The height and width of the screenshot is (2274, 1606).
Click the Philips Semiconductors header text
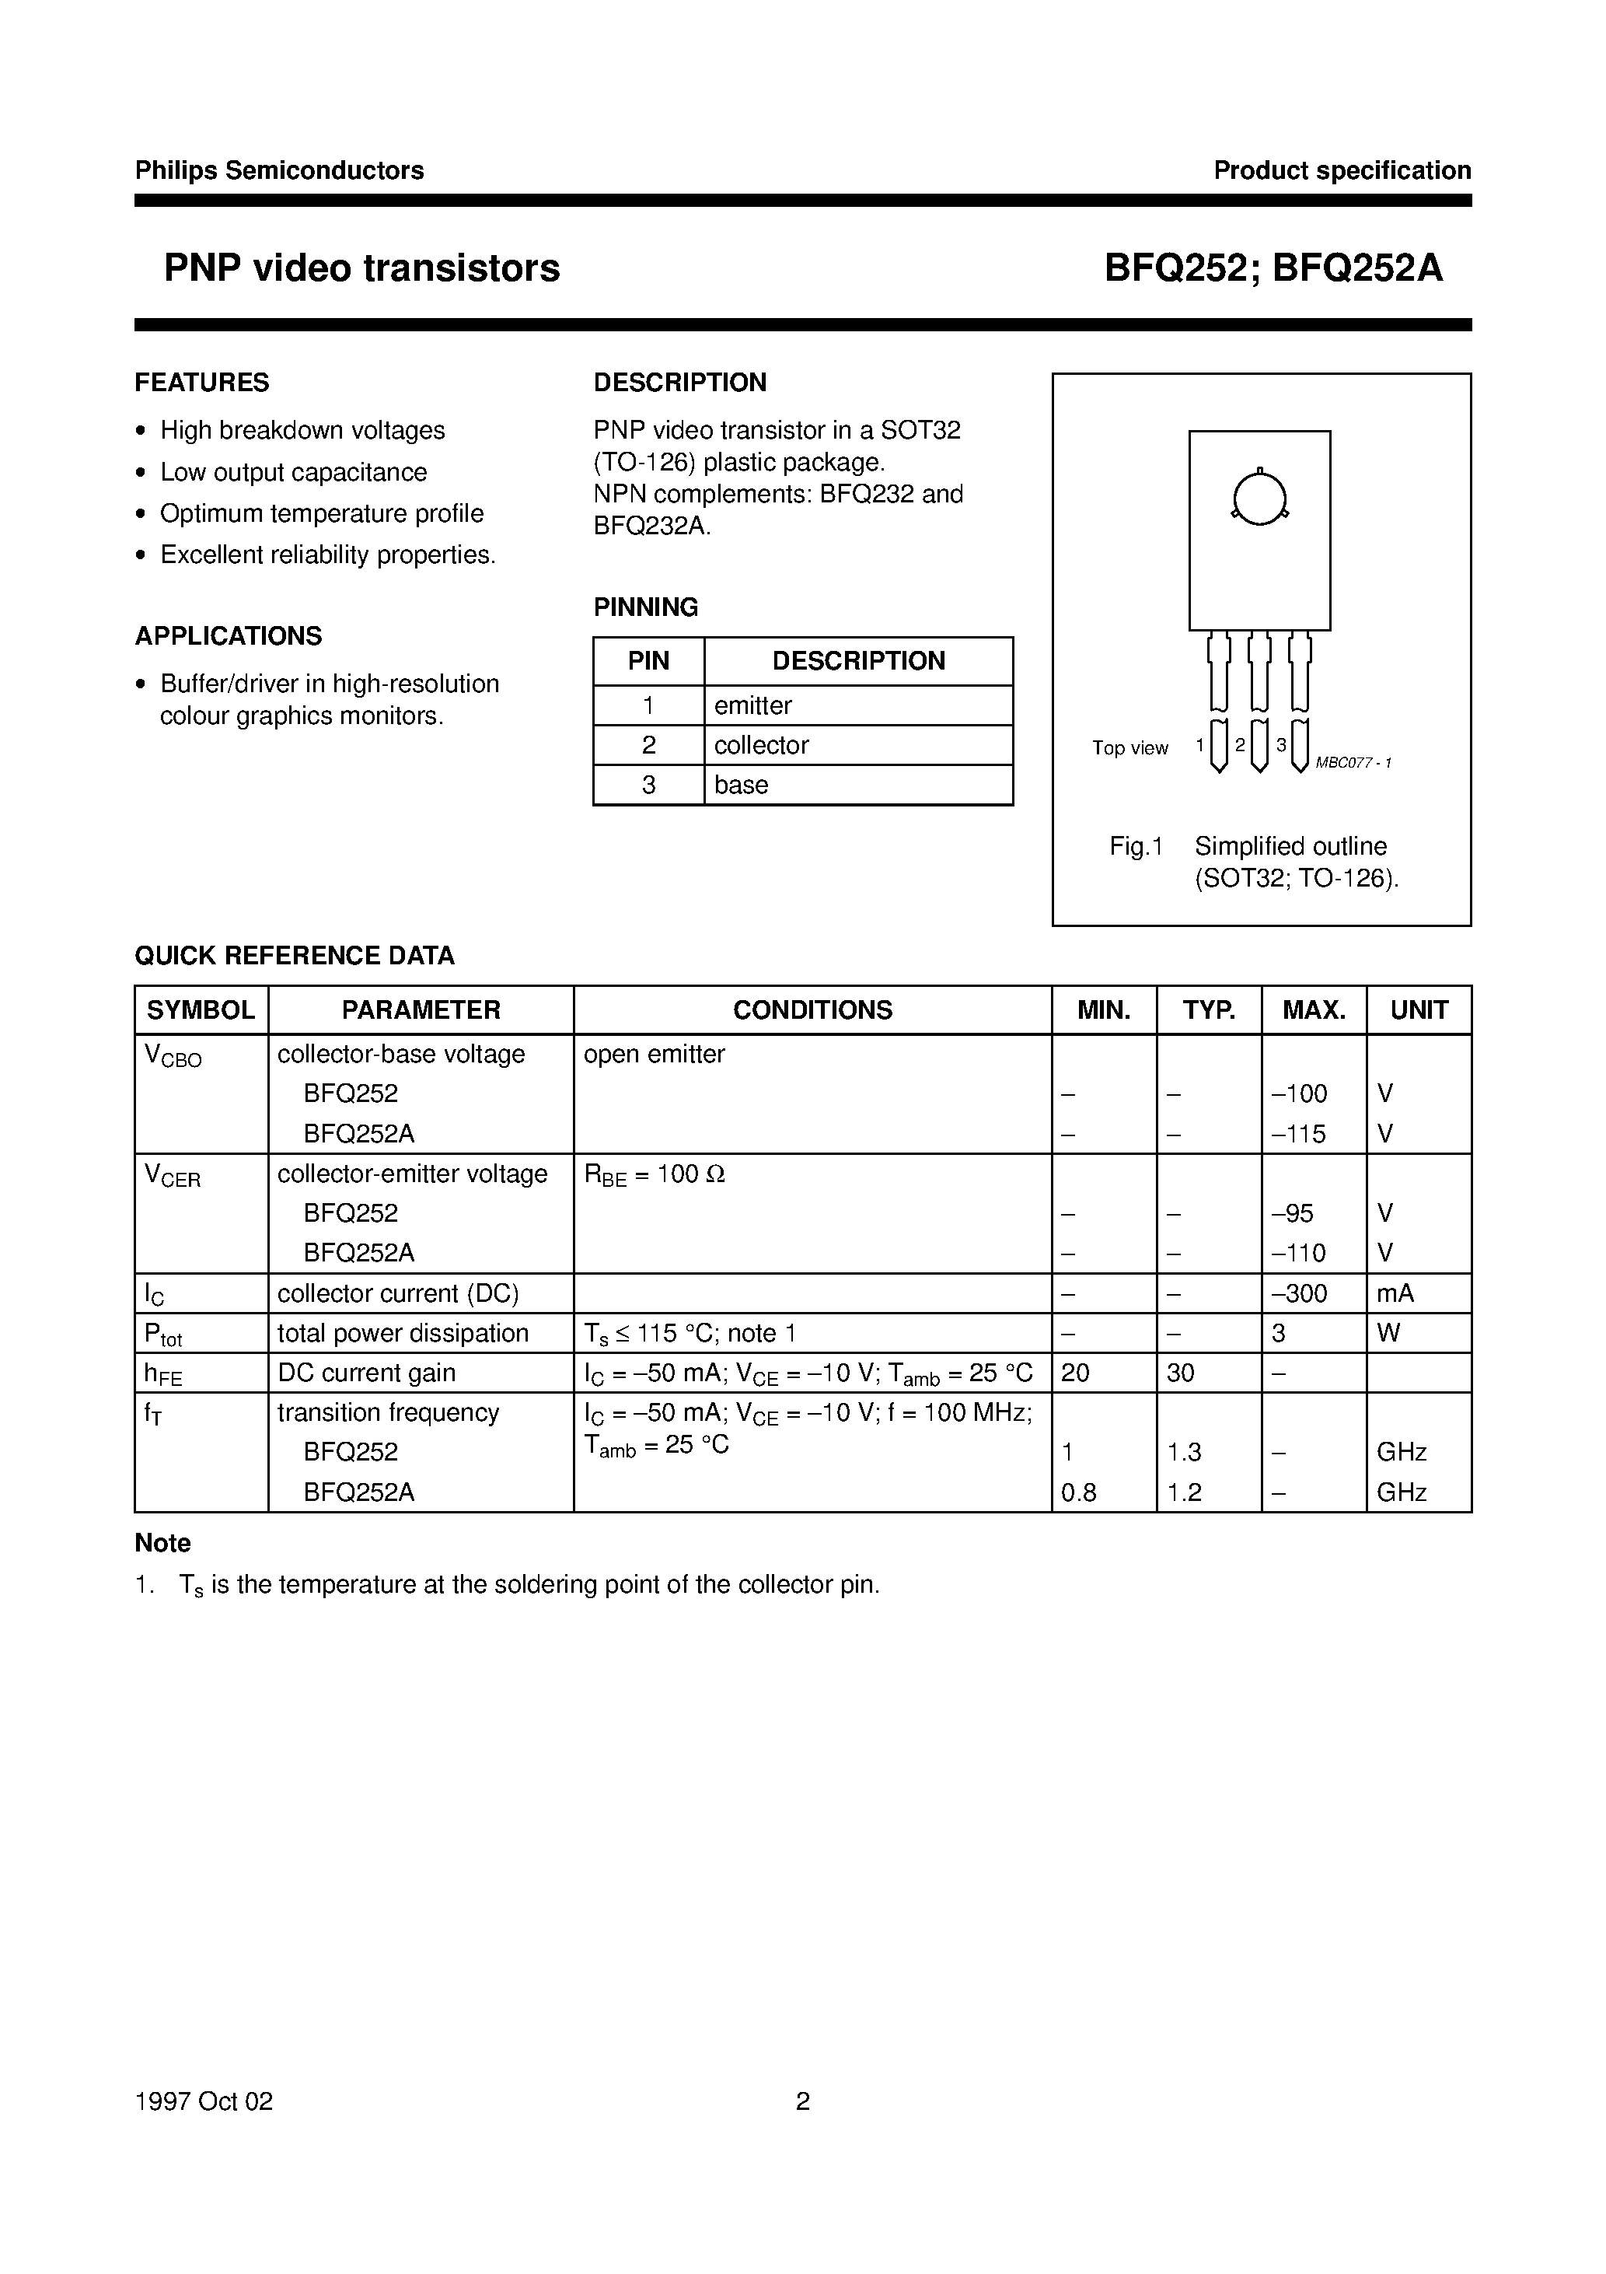(x=279, y=170)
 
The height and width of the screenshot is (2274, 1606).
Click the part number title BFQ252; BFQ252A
(x=1273, y=268)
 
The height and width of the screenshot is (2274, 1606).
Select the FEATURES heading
(x=202, y=383)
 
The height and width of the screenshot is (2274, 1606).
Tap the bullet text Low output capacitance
(x=293, y=472)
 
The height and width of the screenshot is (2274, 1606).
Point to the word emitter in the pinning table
(x=752, y=705)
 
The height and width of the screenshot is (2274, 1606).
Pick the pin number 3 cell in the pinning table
(x=648, y=785)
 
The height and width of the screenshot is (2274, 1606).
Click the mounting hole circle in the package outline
(x=1259, y=499)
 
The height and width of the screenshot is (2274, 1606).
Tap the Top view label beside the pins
(x=1129, y=748)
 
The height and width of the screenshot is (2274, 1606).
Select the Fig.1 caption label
(x=1136, y=846)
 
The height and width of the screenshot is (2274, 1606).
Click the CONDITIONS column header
(x=812, y=1009)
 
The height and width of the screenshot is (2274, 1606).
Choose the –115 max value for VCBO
(x=1298, y=1133)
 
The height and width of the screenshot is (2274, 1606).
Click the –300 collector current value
(x=1298, y=1293)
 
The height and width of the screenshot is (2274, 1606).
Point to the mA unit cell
(x=1395, y=1293)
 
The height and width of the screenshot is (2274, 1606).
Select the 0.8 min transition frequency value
(x=1078, y=1492)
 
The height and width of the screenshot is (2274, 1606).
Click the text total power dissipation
(x=403, y=1333)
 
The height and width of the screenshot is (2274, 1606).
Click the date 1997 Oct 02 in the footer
(x=204, y=2101)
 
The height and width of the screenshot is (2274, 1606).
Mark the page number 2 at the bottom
(x=803, y=2101)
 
